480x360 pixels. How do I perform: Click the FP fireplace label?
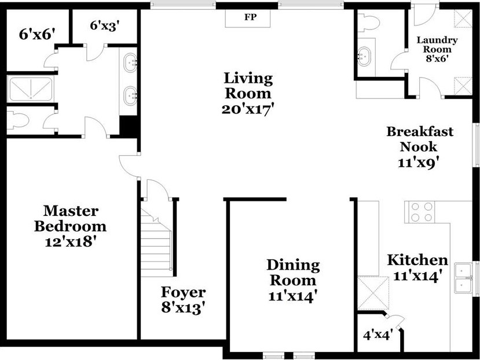[x=250, y=17]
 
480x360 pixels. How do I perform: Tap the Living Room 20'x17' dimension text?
[x=247, y=109]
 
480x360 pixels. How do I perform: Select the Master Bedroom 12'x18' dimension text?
[x=71, y=242]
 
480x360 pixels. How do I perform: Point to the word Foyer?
[x=183, y=293]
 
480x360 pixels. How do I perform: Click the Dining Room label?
[x=293, y=273]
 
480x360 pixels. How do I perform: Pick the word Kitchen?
[x=417, y=260]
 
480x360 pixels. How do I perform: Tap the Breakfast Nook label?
[x=419, y=139]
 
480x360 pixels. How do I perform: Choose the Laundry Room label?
[x=437, y=45]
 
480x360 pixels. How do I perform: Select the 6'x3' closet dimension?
[x=104, y=25]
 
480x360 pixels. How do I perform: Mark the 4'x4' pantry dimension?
[x=378, y=335]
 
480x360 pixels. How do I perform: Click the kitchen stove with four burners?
[x=420, y=212]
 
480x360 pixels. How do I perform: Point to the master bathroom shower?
[x=30, y=89]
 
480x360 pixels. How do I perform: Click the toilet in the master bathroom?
[x=18, y=120]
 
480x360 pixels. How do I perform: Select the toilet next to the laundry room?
[x=369, y=23]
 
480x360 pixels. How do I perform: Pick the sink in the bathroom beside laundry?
[x=364, y=56]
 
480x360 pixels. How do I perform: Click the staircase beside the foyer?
[x=156, y=242]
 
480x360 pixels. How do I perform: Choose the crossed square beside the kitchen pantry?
[x=373, y=293]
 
